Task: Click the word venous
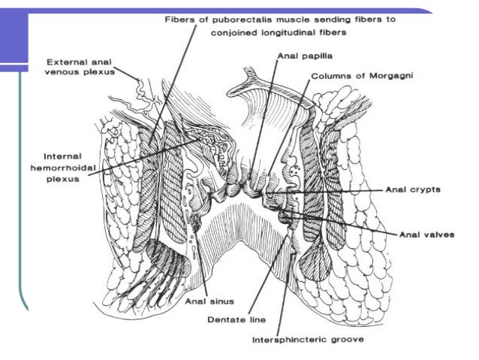[65, 74]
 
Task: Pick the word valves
[438, 234]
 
